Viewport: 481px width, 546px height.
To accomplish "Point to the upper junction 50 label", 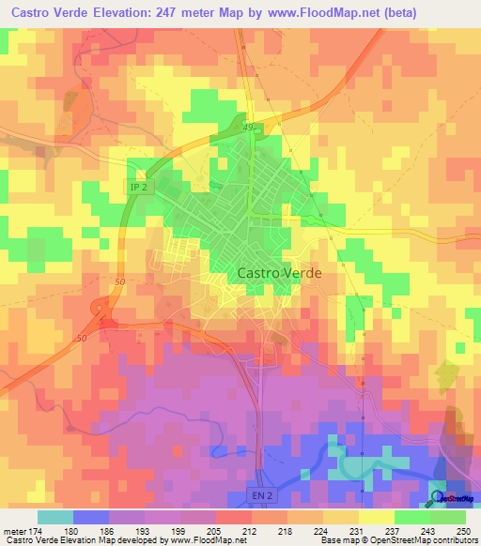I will pyautogui.click(x=118, y=281).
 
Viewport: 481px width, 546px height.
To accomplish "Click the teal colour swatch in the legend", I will pyautogui.click(x=54, y=517).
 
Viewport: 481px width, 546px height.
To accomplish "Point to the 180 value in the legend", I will pyautogui.click(x=77, y=530).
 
